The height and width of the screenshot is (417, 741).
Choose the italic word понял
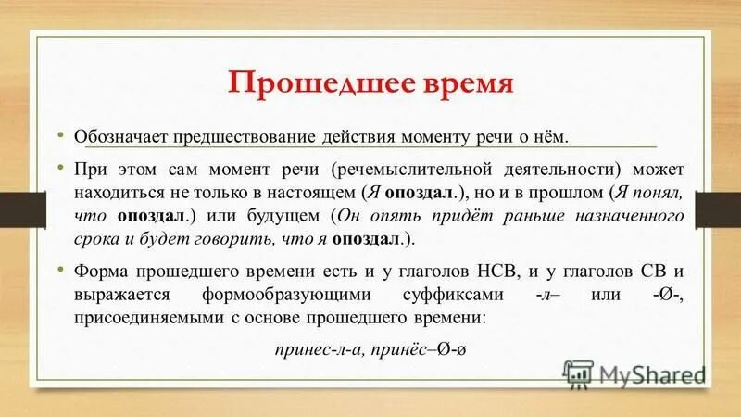(x=659, y=194)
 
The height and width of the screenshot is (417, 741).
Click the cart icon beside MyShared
(x=580, y=374)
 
